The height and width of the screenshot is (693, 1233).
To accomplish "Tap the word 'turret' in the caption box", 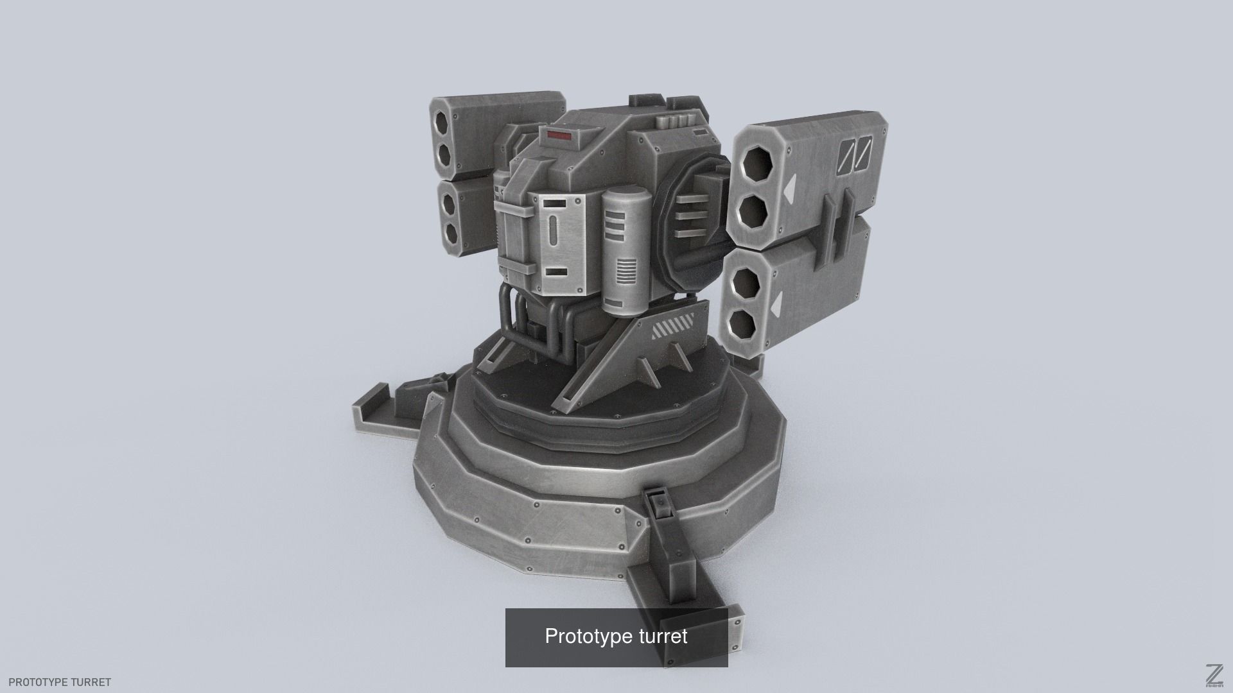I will (x=663, y=637).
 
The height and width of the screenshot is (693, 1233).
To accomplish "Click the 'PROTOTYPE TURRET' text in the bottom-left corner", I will (x=60, y=682).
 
